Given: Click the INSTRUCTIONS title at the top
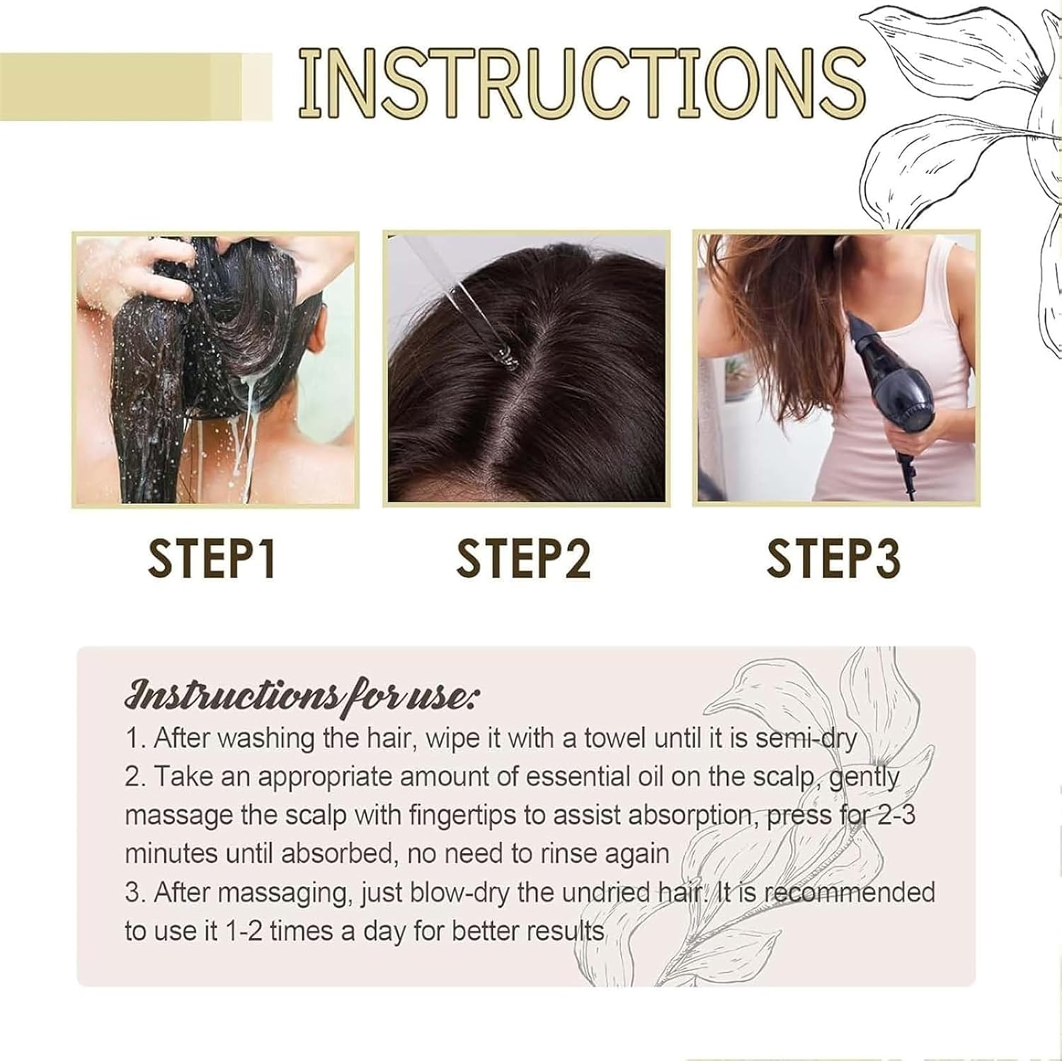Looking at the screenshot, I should [581, 84].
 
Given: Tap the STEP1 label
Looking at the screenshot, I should [211, 559].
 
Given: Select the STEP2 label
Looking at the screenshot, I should [523, 559].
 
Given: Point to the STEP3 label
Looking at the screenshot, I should [833, 559].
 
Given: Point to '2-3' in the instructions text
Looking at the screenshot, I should [896, 815].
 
